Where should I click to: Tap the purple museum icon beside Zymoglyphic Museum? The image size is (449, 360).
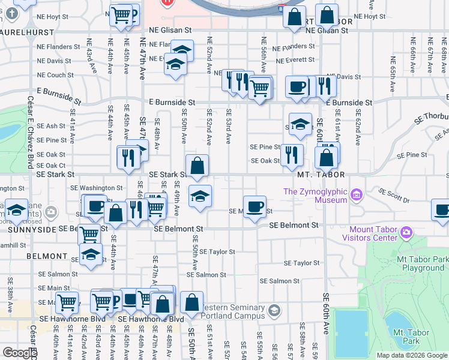pos(357,194)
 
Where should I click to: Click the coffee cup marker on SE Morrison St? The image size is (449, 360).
pos(255,205)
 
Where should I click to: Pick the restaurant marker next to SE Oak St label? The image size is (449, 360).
pos(291,154)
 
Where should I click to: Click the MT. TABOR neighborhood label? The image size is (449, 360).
pos(322,175)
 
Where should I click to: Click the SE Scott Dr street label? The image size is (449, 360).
pos(394,195)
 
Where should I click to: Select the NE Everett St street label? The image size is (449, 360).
pos(295,60)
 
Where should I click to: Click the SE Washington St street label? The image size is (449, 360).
pos(96,188)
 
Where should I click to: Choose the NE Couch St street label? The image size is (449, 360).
pos(55,75)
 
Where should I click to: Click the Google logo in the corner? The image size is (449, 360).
pos(20,353)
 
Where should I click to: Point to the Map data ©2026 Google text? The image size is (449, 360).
pos(411,355)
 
